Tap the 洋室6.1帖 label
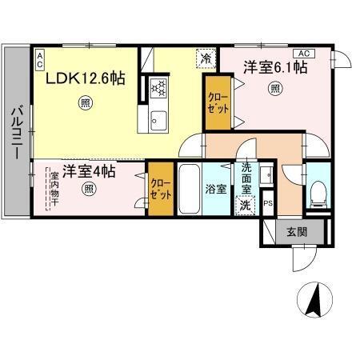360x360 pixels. pos(275,69)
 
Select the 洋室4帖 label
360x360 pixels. pos(89,171)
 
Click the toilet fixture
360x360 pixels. pos(318,190)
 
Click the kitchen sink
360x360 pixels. pos(157,120)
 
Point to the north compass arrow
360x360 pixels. pos(314,301)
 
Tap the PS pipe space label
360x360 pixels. pos(267,203)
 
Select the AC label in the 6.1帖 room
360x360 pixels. pos(308,53)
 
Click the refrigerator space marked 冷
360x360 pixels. pos(206,58)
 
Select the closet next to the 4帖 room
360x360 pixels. pos(159,188)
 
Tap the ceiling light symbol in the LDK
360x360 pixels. pos(85,102)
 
